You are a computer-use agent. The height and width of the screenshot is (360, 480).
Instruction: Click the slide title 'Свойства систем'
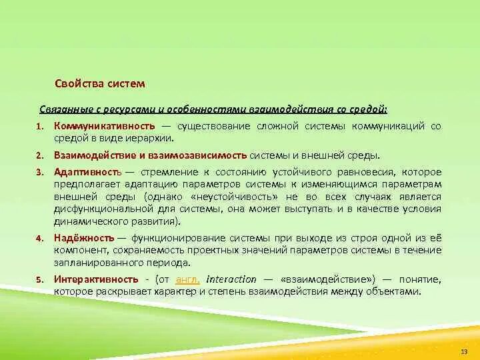point(99,84)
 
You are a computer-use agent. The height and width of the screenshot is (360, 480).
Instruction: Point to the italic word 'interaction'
point(231,279)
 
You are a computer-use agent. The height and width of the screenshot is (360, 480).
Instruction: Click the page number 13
point(465,351)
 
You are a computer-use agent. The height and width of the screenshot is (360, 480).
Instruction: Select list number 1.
point(39,127)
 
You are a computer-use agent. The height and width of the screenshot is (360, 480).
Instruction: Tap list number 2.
point(39,155)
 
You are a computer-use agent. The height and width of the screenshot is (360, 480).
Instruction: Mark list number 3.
point(39,173)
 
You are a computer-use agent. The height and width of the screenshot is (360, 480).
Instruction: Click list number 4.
point(39,239)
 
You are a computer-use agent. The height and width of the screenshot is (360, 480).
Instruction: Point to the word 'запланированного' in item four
point(91,262)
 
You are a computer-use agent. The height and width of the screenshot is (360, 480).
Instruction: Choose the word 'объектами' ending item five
point(398,291)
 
